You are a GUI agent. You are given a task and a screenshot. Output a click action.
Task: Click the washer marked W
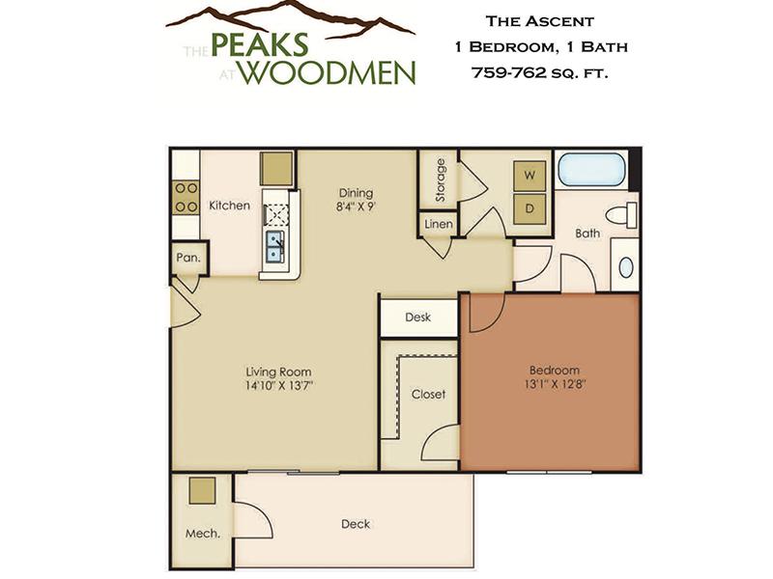[x=530, y=176]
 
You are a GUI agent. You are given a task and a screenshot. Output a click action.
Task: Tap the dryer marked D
[x=530, y=208]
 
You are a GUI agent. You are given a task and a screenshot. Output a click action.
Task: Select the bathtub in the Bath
[x=591, y=170]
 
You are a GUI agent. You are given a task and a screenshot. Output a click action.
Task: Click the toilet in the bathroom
[x=621, y=215]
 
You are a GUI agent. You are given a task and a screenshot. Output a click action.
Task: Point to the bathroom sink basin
[x=626, y=267]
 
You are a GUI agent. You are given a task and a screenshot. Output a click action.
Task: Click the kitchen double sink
[x=274, y=247]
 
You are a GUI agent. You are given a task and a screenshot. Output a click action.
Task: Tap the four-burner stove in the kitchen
[x=186, y=198]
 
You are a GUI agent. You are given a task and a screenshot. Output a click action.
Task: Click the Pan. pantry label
[x=188, y=257]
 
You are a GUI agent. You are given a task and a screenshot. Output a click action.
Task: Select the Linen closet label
[x=439, y=225]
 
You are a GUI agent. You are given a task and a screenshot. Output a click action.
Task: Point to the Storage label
[x=440, y=179]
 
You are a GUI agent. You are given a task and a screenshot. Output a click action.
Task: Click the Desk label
[x=417, y=317]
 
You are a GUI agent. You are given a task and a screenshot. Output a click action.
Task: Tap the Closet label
[x=428, y=394]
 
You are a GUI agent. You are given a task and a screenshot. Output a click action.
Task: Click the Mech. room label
[x=203, y=534]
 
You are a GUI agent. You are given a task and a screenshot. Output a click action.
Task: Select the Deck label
[x=356, y=524]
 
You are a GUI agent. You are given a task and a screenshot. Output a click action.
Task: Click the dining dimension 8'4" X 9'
[x=356, y=207]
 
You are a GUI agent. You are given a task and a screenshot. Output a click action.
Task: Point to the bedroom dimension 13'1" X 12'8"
[x=555, y=384]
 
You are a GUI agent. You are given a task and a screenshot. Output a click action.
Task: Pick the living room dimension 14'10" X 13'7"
[x=279, y=385]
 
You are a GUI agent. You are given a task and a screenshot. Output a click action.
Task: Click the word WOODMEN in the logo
[x=329, y=73]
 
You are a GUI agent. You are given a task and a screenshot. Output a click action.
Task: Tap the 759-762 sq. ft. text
[x=540, y=73]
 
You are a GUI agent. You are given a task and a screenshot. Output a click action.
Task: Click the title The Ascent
[x=540, y=21]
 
